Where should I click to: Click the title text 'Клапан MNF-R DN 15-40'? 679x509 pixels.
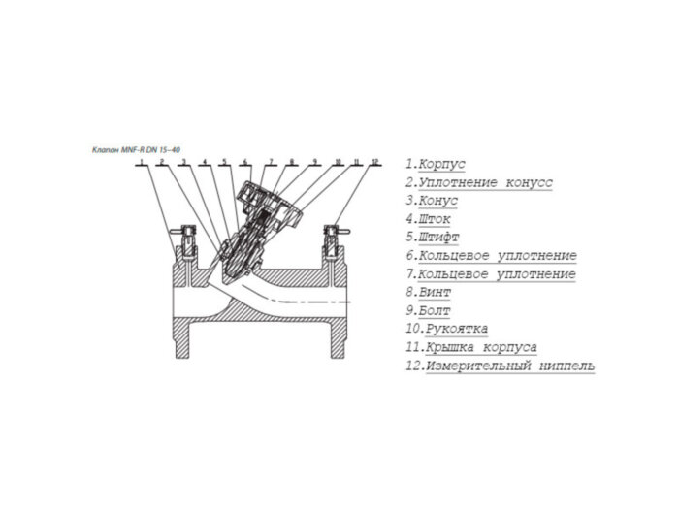click(135, 148)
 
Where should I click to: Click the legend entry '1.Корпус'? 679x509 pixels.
click(436, 165)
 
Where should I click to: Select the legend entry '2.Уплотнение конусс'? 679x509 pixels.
click(479, 183)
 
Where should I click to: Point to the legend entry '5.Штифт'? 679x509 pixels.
click(433, 238)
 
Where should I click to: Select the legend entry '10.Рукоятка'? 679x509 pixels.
click(447, 329)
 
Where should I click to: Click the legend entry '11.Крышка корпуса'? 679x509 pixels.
click(471, 347)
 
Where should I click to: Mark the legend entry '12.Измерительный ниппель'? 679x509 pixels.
click(501, 366)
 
